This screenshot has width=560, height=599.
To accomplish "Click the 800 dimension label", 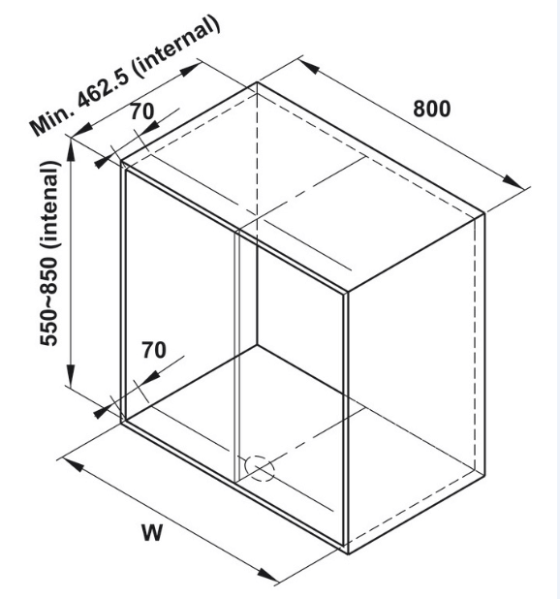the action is click(x=432, y=109).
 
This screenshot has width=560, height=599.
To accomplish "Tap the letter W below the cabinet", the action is click(x=152, y=532).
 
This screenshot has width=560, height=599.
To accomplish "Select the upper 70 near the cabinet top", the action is click(x=142, y=111).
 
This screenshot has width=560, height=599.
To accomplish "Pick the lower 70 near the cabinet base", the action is click(x=154, y=350).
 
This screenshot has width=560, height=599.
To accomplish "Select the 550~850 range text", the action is click(x=48, y=301).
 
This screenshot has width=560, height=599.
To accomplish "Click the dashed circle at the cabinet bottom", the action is click(x=260, y=468).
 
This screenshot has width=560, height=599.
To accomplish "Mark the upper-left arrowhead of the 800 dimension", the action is click(x=309, y=67).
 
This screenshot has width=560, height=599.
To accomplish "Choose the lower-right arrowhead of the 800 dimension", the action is click(x=513, y=181).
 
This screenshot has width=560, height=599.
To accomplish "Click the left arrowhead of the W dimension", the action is click(x=73, y=465).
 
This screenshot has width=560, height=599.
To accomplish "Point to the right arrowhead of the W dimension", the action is click(x=267, y=574).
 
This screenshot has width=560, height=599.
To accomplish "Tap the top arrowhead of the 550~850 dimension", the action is click(x=71, y=150).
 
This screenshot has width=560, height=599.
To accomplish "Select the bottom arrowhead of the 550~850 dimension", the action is click(x=71, y=375).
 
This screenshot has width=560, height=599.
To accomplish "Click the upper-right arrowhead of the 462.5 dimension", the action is click(x=191, y=70).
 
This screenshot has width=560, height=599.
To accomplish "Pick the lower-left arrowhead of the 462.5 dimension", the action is click(x=81, y=130).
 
